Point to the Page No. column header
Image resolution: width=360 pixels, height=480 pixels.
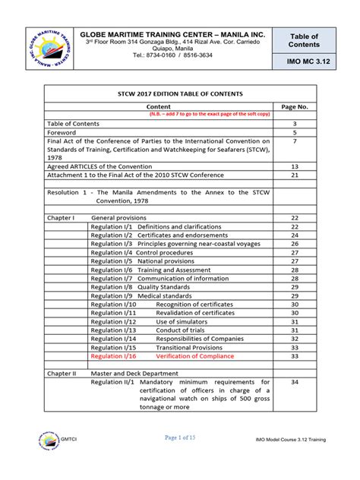[x=295, y=107]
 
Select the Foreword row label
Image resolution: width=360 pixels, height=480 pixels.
[x=63, y=132]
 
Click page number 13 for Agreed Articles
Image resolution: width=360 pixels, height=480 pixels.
[x=295, y=166]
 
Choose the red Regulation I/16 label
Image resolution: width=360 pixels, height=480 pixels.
[x=113, y=355]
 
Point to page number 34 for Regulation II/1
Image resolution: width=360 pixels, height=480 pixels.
[x=295, y=382]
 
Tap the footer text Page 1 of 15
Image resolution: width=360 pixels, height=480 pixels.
[x=179, y=459]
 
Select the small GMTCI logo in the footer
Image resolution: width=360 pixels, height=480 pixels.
[x=48, y=459]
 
